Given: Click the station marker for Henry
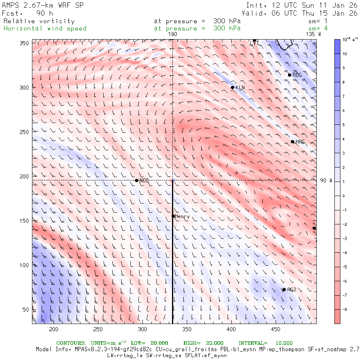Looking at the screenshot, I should coord(173,216).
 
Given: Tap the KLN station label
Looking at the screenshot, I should coord(240,88).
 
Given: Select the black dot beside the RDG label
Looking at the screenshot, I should coord(290,75).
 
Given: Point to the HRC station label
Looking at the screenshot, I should coord(300,142).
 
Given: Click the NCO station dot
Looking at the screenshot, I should coord(136,180).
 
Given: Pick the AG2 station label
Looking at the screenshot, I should coord(292,290).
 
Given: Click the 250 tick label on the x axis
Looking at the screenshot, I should coord(98,329).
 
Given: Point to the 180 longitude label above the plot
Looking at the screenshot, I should coord(172,34).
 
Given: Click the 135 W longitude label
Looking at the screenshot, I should coord(313,34).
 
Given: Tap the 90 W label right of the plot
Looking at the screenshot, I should coord(326,180).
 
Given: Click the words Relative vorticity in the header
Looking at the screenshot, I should coord(39,21).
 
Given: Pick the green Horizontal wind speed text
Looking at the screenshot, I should coord(45,28).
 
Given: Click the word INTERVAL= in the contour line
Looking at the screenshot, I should coord(253,343).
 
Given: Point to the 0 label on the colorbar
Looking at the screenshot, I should coord(343,196).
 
